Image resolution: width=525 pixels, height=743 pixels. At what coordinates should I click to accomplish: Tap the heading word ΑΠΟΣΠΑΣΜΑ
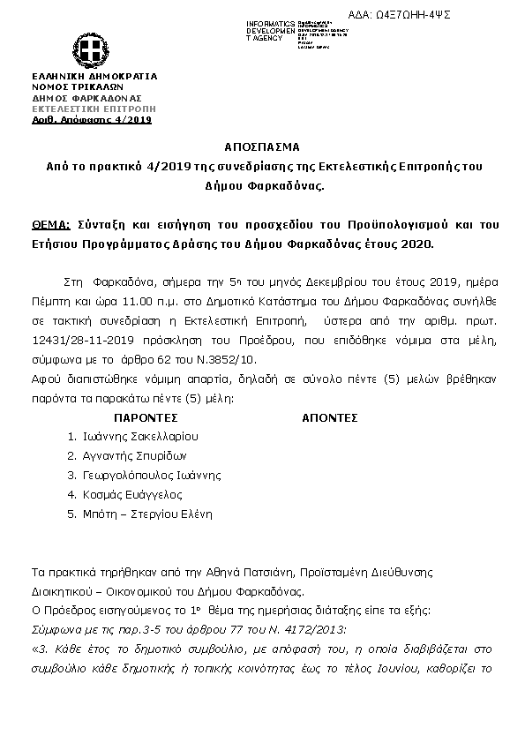262,146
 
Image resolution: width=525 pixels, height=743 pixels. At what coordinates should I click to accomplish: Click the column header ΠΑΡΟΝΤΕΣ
146,417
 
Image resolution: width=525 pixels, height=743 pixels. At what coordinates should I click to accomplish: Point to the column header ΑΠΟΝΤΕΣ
330,417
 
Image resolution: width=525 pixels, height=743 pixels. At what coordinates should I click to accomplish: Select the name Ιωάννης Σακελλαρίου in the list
140,436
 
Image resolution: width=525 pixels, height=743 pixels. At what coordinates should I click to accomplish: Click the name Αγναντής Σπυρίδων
136,455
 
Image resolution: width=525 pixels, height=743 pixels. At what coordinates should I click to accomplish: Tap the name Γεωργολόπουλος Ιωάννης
151,475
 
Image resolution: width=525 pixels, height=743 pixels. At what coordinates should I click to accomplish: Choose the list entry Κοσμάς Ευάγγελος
131,494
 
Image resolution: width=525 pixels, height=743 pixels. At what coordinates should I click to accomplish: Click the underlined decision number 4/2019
134,119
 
